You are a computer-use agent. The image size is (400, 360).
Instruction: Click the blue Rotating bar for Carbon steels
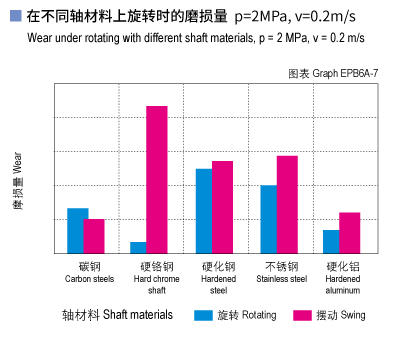[x=77, y=231]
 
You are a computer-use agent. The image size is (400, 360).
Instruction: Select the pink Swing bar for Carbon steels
[x=94, y=236]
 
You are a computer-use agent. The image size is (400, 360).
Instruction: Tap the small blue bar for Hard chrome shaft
[x=138, y=247]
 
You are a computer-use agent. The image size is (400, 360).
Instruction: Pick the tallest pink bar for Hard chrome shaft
[x=157, y=179]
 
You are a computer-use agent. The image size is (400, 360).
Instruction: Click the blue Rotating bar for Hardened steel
[x=204, y=211]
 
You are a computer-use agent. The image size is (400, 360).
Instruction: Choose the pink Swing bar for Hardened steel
[x=222, y=207]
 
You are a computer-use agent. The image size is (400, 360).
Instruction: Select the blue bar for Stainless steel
[x=269, y=219]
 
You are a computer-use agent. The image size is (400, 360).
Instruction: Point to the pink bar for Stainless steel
[x=287, y=204]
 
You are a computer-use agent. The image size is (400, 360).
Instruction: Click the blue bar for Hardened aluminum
[x=331, y=241]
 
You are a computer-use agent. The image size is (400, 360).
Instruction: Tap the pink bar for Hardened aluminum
[x=349, y=233]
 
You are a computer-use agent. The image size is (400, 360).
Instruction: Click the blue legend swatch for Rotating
[x=203, y=315]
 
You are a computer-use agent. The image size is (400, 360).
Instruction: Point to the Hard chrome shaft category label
[x=157, y=278]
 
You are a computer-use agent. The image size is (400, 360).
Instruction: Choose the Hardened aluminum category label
[x=343, y=278]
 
